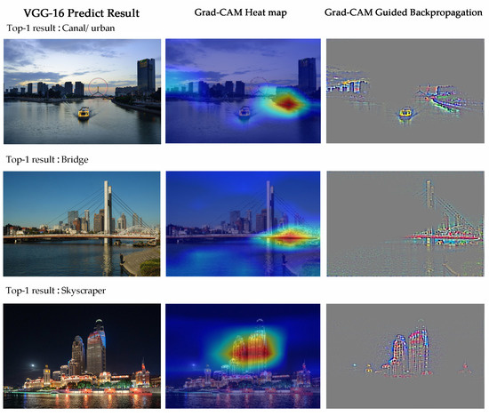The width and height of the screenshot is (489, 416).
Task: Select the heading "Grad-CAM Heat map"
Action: pos(242,12)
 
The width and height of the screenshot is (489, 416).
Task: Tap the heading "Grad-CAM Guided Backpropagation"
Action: pos(405,12)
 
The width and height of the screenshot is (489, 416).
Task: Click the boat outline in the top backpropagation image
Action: pos(405,113)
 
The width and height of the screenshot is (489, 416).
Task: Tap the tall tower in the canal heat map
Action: pos(307,76)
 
